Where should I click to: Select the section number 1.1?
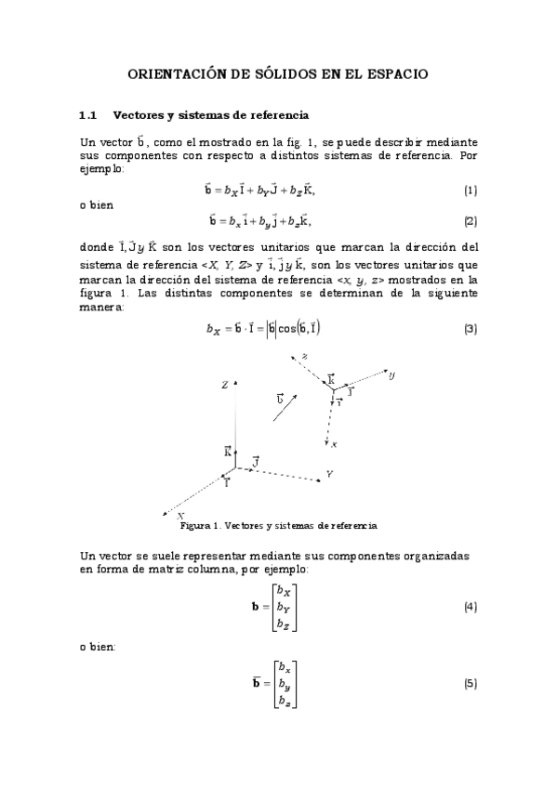pos(88,115)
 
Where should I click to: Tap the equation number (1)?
pos(471,191)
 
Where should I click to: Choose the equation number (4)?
pos(471,607)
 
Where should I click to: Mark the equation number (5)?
pos(471,684)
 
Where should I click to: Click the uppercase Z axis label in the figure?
pos(225,385)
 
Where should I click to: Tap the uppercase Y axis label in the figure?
pos(329,474)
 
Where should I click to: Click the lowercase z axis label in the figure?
pos(304,356)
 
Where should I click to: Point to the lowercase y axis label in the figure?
pos(392,374)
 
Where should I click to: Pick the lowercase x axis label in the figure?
pos(334,445)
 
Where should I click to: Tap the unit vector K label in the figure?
pos(228,452)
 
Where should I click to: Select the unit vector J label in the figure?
pos(256,461)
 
